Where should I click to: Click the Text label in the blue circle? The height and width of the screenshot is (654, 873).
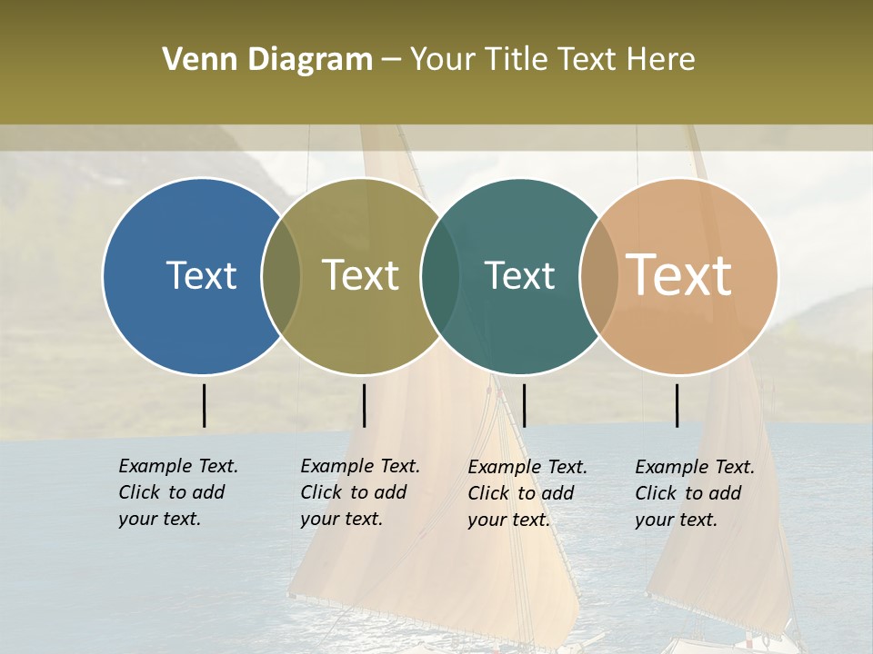(x=201, y=275)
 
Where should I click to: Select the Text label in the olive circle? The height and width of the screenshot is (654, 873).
(x=360, y=275)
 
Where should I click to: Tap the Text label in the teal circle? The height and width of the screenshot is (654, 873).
(x=519, y=275)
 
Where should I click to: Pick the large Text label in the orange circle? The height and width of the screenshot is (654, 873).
(x=678, y=275)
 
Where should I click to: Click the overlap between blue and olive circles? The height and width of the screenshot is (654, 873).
(x=281, y=275)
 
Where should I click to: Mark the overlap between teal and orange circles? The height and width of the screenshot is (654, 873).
(x=597, y=275)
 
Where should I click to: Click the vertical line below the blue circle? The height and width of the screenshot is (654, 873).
(x=205, y=405)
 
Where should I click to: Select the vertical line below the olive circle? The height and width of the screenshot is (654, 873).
(x=364, y=405)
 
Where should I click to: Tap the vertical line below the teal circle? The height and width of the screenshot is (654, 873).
(x=524, y=405)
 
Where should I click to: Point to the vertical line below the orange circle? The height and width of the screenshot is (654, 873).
(x=677, y=405)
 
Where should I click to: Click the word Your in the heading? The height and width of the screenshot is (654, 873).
(x=443, y=60)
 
